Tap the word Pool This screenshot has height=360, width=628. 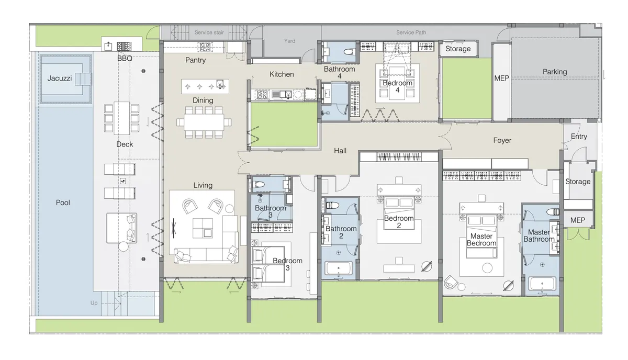tap(63, 203)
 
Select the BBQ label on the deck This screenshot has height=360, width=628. tap(125, 59)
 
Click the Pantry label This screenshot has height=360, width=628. tap(195, 60)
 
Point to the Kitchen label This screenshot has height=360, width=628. tap(282, 74)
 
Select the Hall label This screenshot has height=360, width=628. tap(340, 151)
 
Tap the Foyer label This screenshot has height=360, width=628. tap(502, 140)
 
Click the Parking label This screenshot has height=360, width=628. tap(554, 72)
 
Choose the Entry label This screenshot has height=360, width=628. tap(579, 137)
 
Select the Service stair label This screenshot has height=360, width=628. tap(209, 32)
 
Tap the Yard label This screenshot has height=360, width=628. tap(289, 41)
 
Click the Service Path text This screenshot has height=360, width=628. tap(411, 32)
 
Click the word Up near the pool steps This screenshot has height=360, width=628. tap(94, 303)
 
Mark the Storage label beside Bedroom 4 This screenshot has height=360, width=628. tap(458, 49)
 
